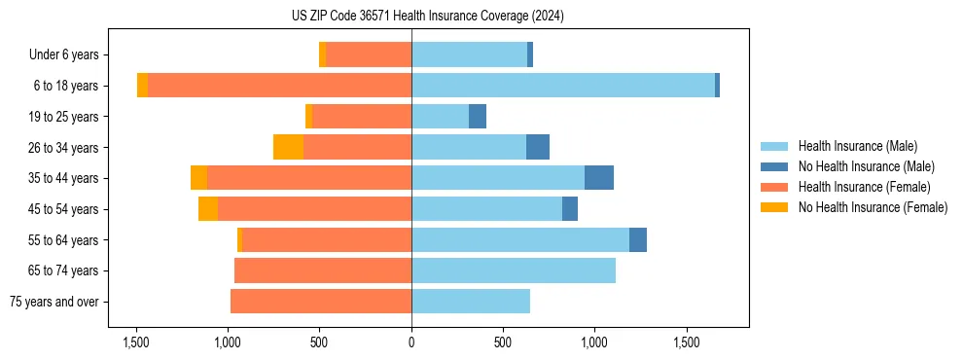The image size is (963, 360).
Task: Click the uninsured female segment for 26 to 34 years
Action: click(x=288, y=147)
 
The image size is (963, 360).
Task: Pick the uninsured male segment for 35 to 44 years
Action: click(x=599, y=178)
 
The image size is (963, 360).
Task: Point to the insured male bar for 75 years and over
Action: click(x=471, y=302)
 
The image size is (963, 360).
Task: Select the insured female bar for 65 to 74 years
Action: click(x=323, y=270)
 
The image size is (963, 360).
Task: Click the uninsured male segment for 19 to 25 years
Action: click(x=478, y=117)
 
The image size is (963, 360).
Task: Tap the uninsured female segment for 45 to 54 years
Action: click(x=208, y=209)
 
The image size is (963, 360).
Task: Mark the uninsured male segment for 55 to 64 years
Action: click(x=638, y=239)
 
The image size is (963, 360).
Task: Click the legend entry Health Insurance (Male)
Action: click(x=857, y=146)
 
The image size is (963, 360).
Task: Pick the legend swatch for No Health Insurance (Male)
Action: click(x=774, y=166)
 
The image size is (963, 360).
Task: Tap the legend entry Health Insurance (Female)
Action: click(x=864, y=187)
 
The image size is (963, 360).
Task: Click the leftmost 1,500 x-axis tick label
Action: click(x=136, y=342)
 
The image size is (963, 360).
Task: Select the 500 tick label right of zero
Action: click(x=503, y=342)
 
